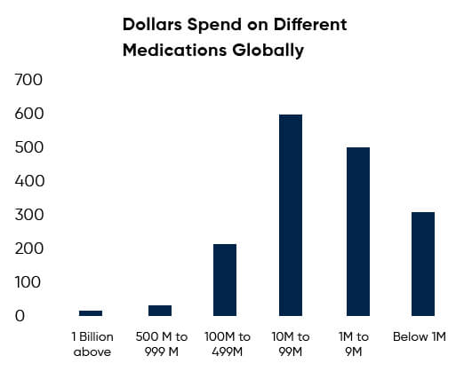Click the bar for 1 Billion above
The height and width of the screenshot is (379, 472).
click(x=91, y=312)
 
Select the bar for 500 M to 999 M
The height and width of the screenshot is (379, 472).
click(x=160, y=310)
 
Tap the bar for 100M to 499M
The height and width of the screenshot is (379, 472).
click(x=225, y=280)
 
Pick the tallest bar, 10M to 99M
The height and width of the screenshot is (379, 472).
click(x=291, y=215)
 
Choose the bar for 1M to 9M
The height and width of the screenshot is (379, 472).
click(x=357, y=231)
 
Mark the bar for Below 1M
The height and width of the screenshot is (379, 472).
click(x=423, y=264)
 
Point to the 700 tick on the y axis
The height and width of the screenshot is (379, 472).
click(x=29, y=80)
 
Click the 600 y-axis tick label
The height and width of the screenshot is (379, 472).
click(x=29, y=114)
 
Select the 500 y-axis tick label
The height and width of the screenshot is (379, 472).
click(x=29, y=147)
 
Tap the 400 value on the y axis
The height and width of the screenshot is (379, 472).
click(x=29, y=181)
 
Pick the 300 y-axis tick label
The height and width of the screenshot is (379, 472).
click(x=29, y=215)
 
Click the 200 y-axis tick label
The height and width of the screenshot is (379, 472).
click(x=29, y=249)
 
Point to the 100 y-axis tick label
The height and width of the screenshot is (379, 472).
click(x=29, y=282)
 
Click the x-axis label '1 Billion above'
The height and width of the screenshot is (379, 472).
click(x=92, y=344)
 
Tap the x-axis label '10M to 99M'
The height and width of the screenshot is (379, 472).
click(x=291, y=344)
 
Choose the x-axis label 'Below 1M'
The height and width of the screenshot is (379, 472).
click(x=419, y=337)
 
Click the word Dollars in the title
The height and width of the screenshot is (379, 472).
click(x=156, y=24)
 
